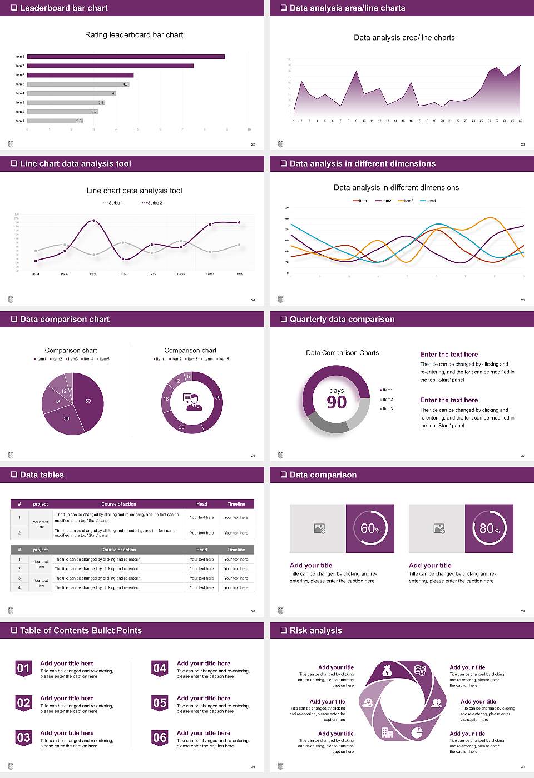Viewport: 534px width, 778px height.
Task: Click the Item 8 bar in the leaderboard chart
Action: tap(126, 57)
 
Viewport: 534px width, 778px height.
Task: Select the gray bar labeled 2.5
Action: tap(55, 121)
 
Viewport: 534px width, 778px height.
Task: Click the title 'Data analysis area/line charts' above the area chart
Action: tap(404, 38)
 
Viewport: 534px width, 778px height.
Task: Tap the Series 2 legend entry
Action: tap(152, 203)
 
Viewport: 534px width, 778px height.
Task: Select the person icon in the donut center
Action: tap(192, 401)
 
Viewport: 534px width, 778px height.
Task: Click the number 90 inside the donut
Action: tap(337, 402)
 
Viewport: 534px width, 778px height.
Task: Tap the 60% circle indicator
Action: tap(370, 528)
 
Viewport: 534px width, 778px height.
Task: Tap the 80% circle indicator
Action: tap(489, 528)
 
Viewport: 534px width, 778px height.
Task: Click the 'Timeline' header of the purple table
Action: tap(236, 504)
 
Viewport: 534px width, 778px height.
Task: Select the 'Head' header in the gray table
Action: tap(201, 550)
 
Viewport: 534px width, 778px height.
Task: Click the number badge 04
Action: tap(160, 669)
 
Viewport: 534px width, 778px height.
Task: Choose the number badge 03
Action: tap(23, 738)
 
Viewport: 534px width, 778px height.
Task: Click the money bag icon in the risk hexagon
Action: tap(388, 672)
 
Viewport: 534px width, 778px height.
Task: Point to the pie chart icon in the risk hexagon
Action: tap(417, 732)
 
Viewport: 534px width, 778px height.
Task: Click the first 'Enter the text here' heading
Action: tap(449, 355)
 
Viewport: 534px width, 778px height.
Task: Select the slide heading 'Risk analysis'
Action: tap(315, 630)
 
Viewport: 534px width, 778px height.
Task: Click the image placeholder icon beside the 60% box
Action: tap(319, 528)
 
